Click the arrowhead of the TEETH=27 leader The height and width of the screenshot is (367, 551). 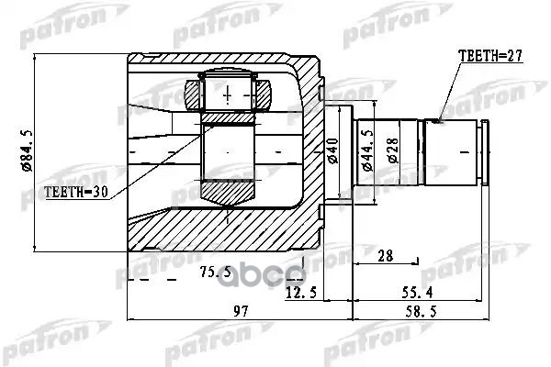point(443,119)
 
